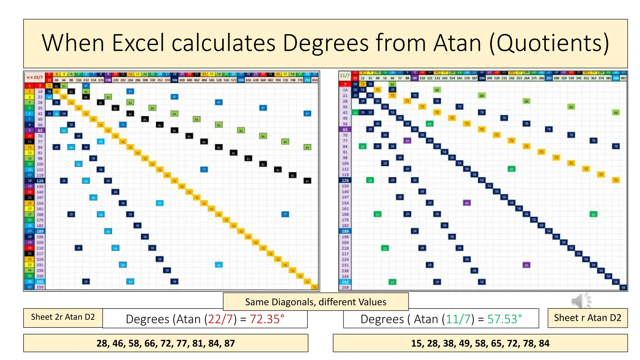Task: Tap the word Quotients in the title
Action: click(549, 43)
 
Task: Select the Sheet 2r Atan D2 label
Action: click(63, 317)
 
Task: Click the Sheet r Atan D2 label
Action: click(587, 318)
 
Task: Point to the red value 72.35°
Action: click(267, 319)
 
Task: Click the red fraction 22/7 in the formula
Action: click(220, 319)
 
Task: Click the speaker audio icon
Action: click(581, 301)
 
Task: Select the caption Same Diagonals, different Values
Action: click(316, 302)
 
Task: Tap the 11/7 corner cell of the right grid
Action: click(344, 75)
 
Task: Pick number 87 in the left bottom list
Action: click(229, 343)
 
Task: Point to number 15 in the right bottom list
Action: click(416, 343)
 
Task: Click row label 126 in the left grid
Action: click(40, 181)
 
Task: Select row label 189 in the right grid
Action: click(345, 231)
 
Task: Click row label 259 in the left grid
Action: click(40, 287)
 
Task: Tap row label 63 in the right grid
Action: click(345, 129)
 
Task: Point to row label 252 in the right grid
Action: click(345, 282)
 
